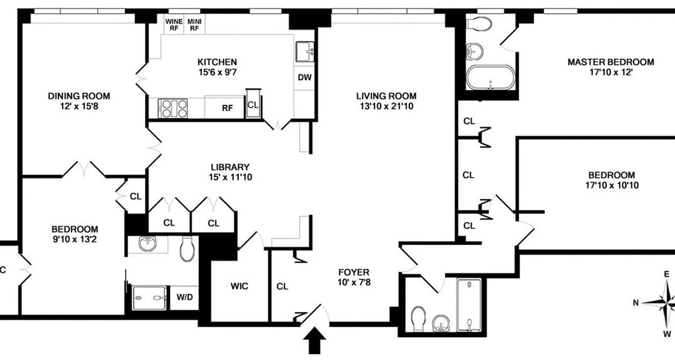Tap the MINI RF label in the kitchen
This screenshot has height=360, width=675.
(x=194, y=24)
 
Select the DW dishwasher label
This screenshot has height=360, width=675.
(x=305, y=77)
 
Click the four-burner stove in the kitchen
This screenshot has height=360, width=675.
(x=172, y=108)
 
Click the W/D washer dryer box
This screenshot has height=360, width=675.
(x=184, y=298)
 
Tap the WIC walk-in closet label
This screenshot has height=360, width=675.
(x=239, y=286)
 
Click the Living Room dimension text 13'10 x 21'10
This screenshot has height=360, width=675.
(x=386, y=107)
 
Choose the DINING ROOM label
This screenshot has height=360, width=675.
(x=79, y=96)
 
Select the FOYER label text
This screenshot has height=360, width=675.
(x=354, y=272)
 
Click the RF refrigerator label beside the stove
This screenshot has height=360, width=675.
(x=227, y=108)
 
